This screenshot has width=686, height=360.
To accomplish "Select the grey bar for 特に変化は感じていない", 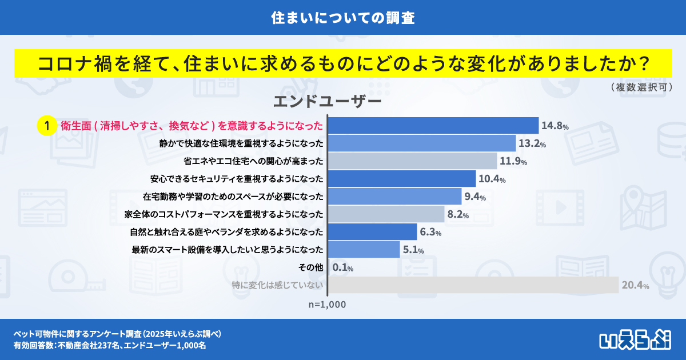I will pyautogui.click(x=474, y=285).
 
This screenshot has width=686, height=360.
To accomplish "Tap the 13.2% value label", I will pyautogui.click(x=532, y=143).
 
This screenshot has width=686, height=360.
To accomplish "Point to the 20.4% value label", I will pyautogui.click(x=635, y=285).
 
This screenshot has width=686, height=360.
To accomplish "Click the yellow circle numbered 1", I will pyautogui.click(x=46, y=126).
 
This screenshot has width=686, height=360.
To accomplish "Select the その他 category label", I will pyautogui.click(x=311, y=267).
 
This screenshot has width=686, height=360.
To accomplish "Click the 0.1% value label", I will pyautogui.click(x=343, y=267).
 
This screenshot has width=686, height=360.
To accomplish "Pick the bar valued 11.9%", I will pyautogui.click(x=413, y=161).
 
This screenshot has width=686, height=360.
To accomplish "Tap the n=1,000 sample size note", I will pyautogui.click(x=327, y=305).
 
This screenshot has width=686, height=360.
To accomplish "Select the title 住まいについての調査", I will pyautogui.click(x=343, y=17).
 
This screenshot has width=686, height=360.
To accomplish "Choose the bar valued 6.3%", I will pyautogui.click(x=373, y=231).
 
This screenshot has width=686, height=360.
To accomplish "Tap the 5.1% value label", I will pyautogui.click(x=413, y=250).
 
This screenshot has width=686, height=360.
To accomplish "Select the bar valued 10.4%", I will pyautogui.click(x=402, y=179).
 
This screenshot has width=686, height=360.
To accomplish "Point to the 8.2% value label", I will pyautogui.click(x=458, y=215).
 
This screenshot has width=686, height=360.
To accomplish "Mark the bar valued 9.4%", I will pyautogui.click(x=396, y=197).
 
